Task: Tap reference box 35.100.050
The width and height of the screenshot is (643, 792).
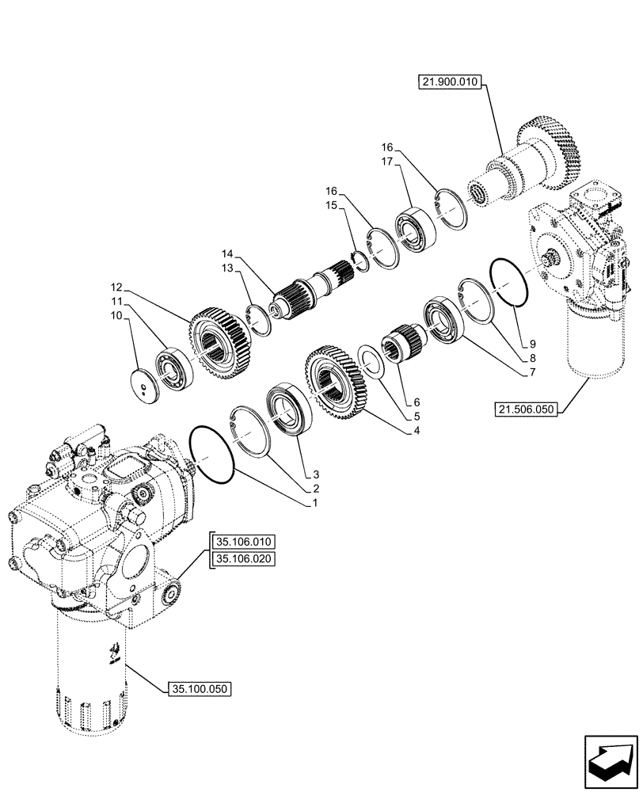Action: click(x=199, y=690)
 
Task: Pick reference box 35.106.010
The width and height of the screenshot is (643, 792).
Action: click(x=242, y=542)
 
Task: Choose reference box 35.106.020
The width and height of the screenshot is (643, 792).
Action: click(x=242, y=559)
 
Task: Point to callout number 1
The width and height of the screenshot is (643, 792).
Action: click(x=314, y=503)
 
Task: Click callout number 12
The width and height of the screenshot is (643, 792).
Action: click(x=117, y=286)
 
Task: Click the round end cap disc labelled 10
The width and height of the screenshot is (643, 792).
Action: click(x=146, y=384)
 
